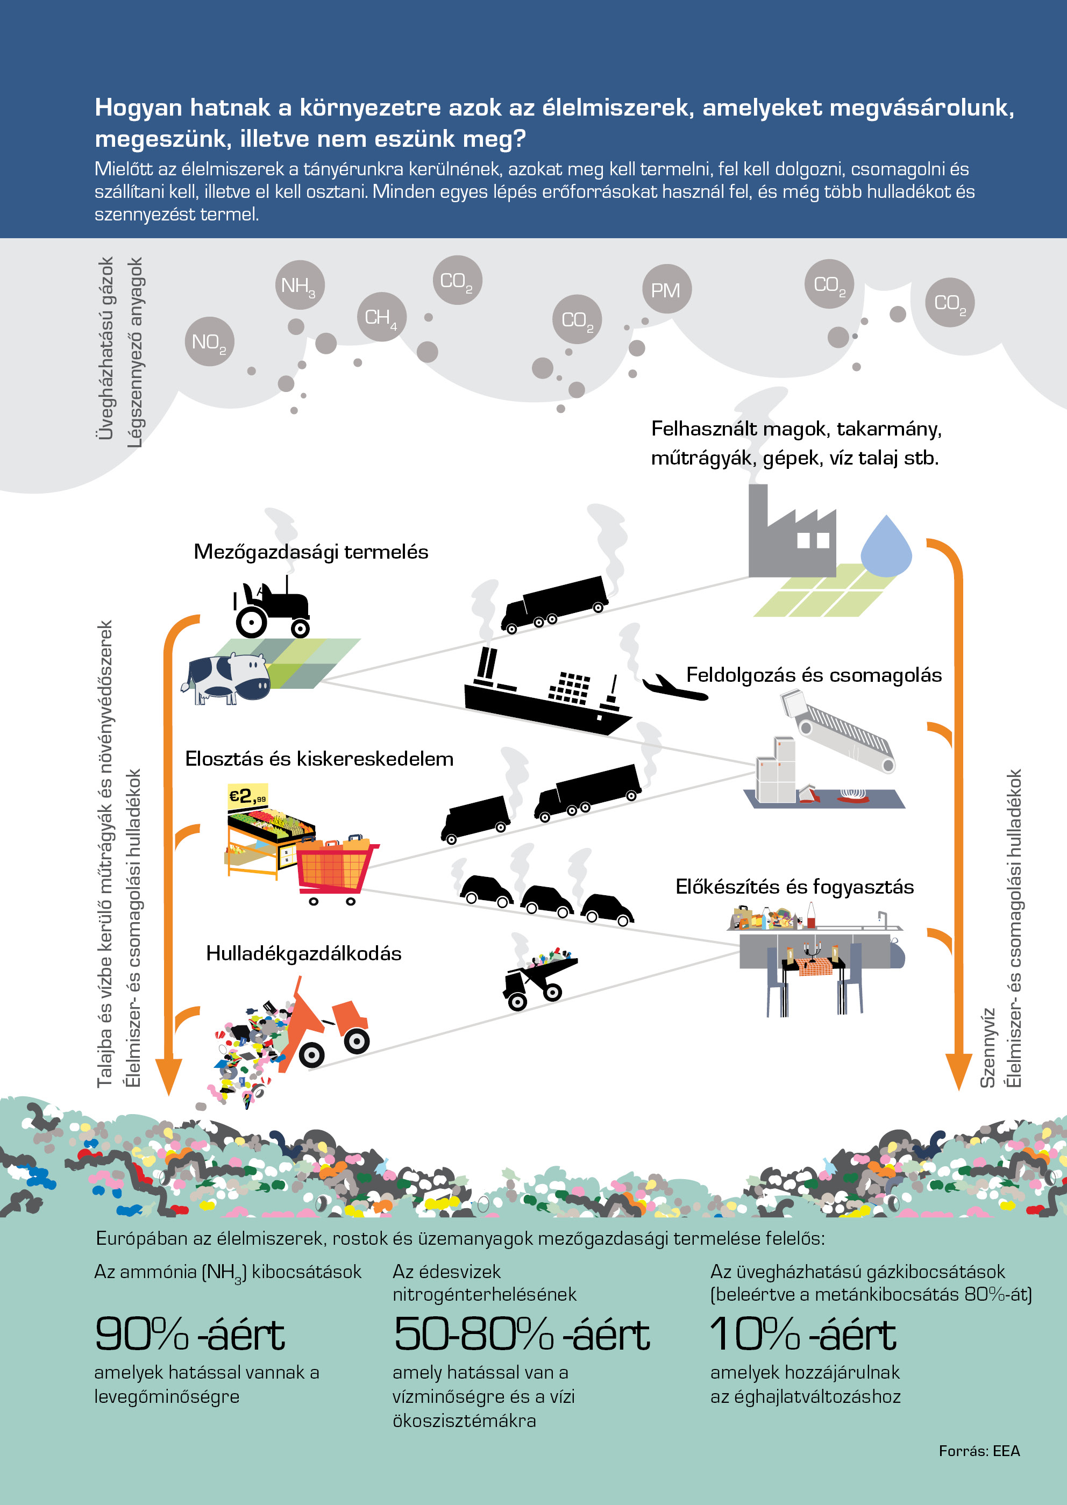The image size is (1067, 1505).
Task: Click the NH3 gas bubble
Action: (x=300, y=285)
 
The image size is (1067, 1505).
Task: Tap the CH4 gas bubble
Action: (x=381, y=317)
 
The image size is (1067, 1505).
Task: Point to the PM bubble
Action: (x=666, y=289)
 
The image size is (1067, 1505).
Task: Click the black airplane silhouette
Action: (x=674, y=687)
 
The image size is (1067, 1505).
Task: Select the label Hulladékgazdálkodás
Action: (x=303, y=953)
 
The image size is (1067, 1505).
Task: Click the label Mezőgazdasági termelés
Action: (x=311, y=552)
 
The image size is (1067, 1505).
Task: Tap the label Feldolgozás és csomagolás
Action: (x=814, y=675)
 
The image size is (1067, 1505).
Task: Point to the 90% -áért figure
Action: (x=190, y=1334)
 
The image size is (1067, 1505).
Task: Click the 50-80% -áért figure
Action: (x=522, y=1334)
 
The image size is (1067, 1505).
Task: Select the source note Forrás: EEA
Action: (x=979, y=1451)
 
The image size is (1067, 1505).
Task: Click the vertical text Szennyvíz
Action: (x=987, y=1048)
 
